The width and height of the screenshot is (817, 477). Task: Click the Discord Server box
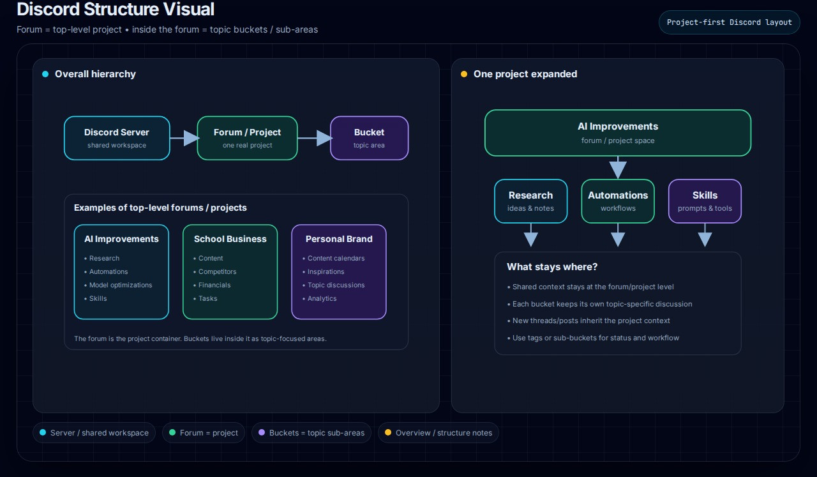click(117, 138)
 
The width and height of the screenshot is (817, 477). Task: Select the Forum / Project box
click(247, 138)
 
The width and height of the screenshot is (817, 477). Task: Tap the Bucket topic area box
click(369, 138)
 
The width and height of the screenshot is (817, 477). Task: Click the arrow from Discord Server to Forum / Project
click(184, 138)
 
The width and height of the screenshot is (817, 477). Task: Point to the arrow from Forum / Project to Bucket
click(315, 138)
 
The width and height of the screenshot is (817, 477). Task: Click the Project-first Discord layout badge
click(730, 22)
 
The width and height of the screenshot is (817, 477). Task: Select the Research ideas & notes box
click(530, 201)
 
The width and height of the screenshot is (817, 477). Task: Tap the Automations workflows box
click(618, 201)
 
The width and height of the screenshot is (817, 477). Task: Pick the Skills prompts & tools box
click(705, 201)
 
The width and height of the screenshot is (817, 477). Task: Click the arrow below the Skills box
click(705, 235)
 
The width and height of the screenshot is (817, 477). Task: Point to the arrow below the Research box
click(530, 235)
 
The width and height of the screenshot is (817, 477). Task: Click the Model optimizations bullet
click(118, 285)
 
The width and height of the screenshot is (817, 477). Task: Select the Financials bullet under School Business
click(212, 285)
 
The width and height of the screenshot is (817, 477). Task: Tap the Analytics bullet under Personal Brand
click(320, 299)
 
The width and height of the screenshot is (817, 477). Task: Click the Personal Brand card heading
click(339, 239)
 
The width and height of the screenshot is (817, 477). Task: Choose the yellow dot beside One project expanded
click(464, 74)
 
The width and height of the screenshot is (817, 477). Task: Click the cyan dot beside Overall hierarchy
click(45, 74)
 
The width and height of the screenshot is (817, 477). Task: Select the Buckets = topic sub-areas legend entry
click(311, 433)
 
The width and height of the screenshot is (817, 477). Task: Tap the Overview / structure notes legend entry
click(438, 433)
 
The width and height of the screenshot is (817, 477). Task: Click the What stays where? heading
click(552, 267)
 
